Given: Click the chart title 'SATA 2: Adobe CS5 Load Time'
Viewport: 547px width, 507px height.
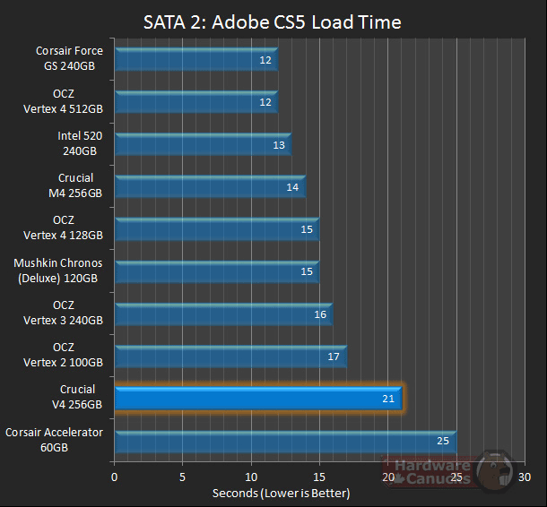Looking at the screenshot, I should pyautogui.click(x=273, y=21).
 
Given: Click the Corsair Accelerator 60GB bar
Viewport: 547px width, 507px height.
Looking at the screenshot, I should pyautogui.click(x=285, y=441).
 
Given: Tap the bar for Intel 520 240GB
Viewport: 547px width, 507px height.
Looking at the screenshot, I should pyautogui.click(x=202, y=144).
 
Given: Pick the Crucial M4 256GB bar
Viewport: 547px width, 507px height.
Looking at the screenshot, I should pyautogui.click(x=209, y=186).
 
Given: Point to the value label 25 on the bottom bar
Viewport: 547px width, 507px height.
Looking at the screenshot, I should pyautogui.click(x=443, y=441).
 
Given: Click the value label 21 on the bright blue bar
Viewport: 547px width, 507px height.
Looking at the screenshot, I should pyautogui.click(x=388, y=399).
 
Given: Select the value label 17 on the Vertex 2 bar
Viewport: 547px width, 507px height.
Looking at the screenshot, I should pyautogui.click(x=334, y=357).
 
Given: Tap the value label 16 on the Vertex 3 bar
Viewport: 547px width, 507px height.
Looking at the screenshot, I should pyautogui.click(x=320, y=314).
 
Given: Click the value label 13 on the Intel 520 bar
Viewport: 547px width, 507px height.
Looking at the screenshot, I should pyautogui.click(x=279, y=144).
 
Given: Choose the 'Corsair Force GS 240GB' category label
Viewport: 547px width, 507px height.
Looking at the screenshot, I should pyautogui.click(x=69, y=58).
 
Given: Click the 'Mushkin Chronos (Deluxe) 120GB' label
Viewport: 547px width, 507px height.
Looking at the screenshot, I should pyautogui.click(x=58, y=271).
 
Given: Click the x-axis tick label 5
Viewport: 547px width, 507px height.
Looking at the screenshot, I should pyautogui.click(x=183, y=477).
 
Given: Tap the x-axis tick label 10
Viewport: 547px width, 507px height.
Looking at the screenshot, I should pyautogui.click(x=252, y=477).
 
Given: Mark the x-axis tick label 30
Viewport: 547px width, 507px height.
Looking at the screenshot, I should pyautogui.click(x=525, y=477).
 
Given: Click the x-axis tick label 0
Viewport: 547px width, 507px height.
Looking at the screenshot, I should pyautogui.click(x=115, y=477).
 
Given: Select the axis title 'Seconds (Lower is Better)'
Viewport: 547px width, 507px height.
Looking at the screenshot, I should pyautogui.click(x=281, y=494).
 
